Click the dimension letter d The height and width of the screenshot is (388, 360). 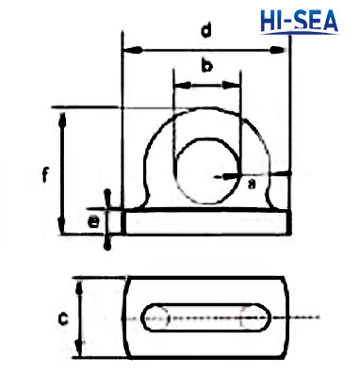[x=205, y=31]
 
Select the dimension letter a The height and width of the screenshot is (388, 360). [x=251, y=185]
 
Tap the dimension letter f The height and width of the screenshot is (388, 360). [x=44, y=173]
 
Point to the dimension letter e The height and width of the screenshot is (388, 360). [x=93, y=222]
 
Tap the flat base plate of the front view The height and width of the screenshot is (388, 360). [x=205, y=222]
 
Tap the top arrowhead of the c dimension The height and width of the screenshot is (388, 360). [x=80, y=283]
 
